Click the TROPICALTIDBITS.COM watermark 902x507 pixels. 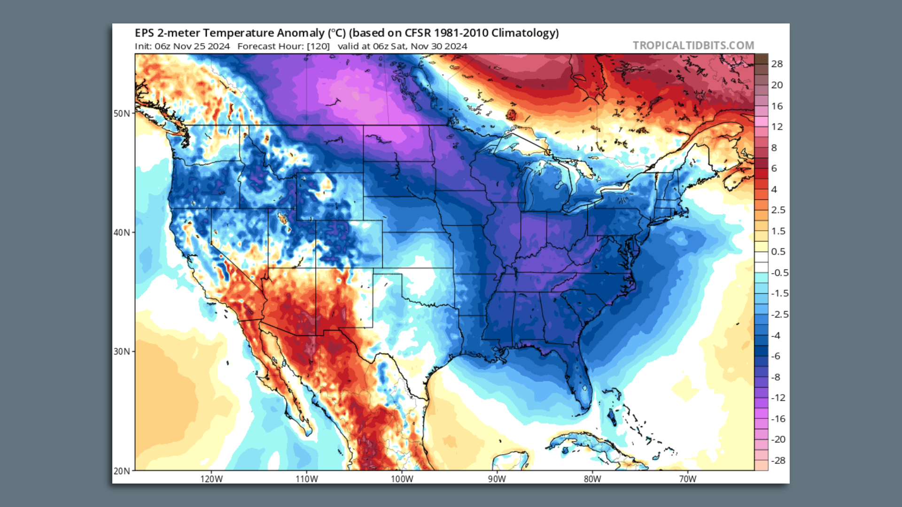(x=693, y=46)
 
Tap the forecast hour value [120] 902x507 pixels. (x=318, y=46)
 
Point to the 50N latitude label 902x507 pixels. (x=121, y=114)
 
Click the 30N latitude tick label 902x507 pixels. (x=121, y=352)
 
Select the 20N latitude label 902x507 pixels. (x=121, y=471)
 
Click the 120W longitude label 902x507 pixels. (x=211, y=479)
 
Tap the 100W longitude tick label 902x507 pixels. (x=402, y=479)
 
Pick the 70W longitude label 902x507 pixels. (x=687, y=479)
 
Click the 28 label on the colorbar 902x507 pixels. (x=777, y=64)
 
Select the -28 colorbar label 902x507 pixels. (x=778, y=461)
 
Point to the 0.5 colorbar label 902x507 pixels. (x=778, y=252)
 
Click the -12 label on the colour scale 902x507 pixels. (x=778, y=398)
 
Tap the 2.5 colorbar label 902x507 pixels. (x=778, y=210)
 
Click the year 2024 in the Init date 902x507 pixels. (x=218, y=46)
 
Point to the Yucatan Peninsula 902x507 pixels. (x=510, y=460)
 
